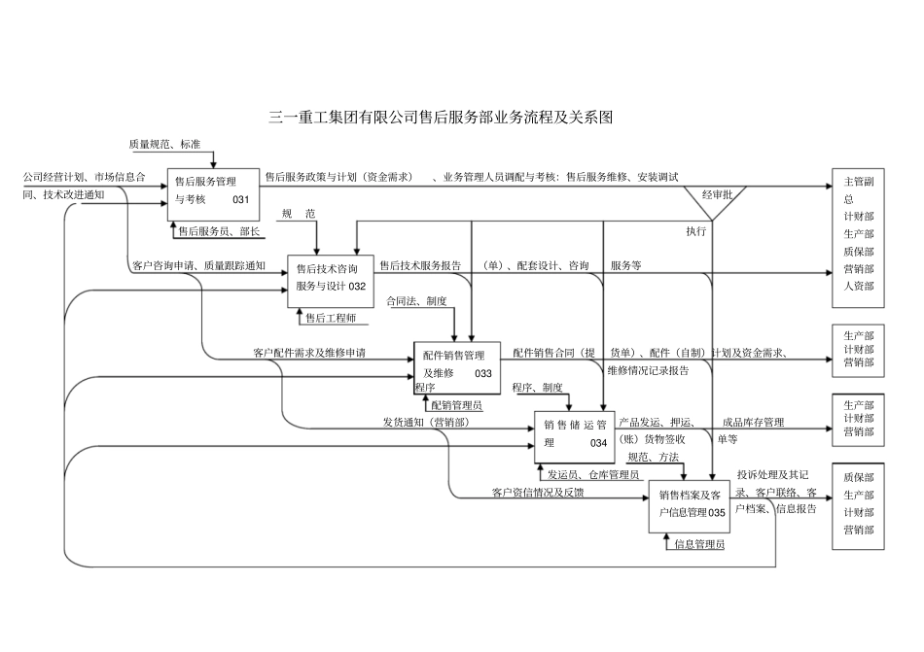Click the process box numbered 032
tap(331, 277)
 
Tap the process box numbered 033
tap(457, 366)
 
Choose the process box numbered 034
tap(575, 434)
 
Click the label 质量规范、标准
tap(164, 145)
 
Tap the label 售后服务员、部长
tap(218, 231)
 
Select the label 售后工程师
tap(331, 317)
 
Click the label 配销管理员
tap(456, 405)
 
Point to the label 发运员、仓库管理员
tap(592, 474)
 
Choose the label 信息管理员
tap(698, 544)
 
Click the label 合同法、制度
tap(416, 301)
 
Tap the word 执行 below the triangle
tap(696, 231)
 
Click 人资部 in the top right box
tap(859, 287)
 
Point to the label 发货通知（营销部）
tap(425, 422)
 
